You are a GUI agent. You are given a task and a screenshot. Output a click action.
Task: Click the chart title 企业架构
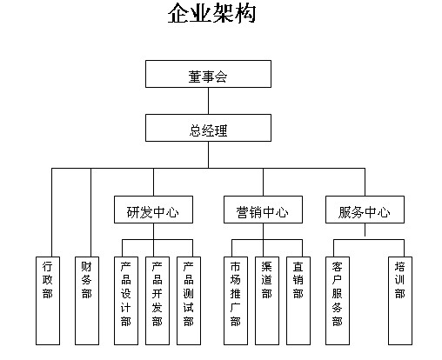click(x=211, y=13)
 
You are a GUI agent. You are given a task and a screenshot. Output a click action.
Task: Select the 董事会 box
click(x=208, y=74)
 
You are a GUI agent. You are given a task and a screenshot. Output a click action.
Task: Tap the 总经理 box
click(x=208, y=128)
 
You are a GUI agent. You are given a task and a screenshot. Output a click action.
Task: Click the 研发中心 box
click(x=153, y=210)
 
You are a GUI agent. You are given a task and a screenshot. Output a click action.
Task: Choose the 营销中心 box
click(x=263, y=210)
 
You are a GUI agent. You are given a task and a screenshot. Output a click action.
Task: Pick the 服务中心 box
click(x=365, y=210)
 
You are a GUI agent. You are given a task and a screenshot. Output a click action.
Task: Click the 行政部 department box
click(x=48, y=301)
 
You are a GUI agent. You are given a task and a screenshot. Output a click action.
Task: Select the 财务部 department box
click(x=87, y=301)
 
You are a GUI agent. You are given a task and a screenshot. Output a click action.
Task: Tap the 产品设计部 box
click(x=126, y=301)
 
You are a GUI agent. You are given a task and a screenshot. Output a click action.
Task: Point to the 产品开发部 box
click(x=157, y=301)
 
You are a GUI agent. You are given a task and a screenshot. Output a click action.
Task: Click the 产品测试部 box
click(x=189, y=301)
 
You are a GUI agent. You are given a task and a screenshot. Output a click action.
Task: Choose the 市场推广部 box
click(x=236, y=301)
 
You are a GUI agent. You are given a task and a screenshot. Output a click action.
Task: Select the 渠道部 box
click(x=267, y=301)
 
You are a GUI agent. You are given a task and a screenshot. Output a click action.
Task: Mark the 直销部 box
click(x=298, y=301)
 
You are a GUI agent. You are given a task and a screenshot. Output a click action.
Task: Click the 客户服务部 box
click(x=338, y=301)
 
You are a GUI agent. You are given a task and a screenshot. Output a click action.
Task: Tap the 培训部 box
click(x=400, y=301)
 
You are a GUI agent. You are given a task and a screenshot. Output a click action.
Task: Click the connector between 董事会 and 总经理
click(x=208, y=101)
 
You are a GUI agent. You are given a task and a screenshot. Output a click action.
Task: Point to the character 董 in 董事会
click(x=194, y=77)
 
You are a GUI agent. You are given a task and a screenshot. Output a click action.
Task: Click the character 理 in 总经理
click(x=221, y=130)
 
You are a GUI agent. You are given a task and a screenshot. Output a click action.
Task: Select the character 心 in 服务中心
click(x=384, y=212)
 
